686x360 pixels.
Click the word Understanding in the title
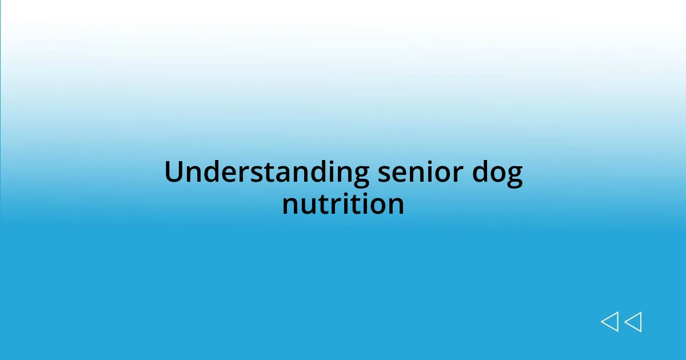[x=266, y=173]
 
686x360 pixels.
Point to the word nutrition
[x=343, y=204]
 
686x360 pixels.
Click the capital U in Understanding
[x=174, y=172]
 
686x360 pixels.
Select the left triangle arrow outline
[x=609, y=322]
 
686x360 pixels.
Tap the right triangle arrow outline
[x=633, y=322]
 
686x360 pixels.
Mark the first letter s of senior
[x=384, y=174]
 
